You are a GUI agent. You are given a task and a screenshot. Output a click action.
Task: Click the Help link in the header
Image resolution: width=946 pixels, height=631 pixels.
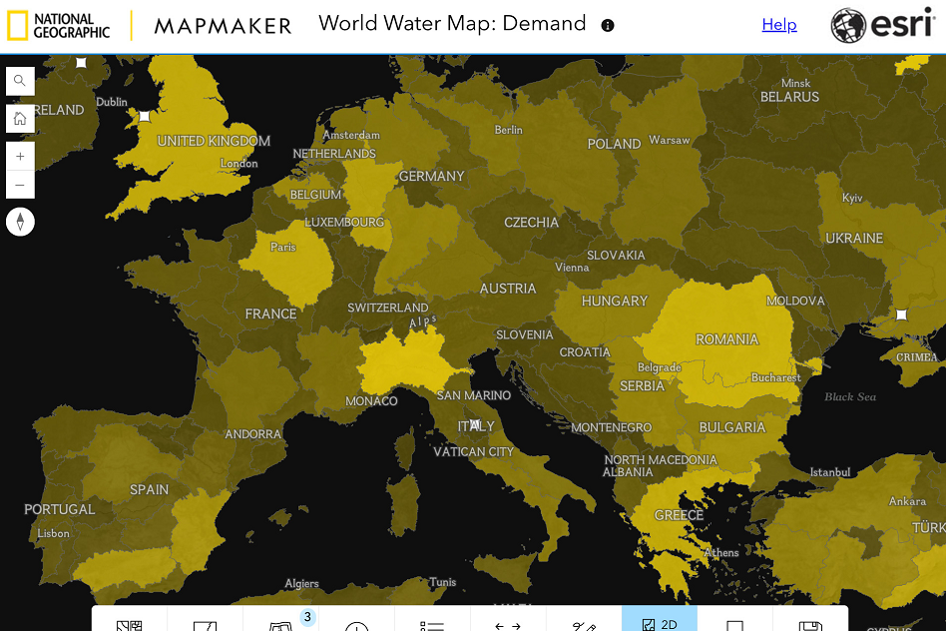778,25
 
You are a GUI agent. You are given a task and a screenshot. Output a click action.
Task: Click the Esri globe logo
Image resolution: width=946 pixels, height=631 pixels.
848,26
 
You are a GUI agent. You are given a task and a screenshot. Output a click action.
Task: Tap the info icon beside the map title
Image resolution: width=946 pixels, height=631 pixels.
609,26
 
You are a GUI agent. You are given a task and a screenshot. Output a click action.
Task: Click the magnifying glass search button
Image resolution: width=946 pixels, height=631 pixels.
20,81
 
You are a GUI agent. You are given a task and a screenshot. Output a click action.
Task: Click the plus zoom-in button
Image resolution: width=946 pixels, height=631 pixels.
20,157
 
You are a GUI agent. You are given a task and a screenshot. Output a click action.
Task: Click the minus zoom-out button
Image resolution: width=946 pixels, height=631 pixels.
20,185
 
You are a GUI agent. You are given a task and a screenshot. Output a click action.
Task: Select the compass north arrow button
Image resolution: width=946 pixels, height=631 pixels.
20,222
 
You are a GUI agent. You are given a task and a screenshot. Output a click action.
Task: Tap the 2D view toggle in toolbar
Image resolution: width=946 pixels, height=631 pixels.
660,621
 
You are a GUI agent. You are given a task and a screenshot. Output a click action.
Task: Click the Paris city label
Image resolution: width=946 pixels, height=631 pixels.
283,247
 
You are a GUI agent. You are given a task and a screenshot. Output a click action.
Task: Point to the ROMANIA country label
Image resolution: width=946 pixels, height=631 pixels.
726,339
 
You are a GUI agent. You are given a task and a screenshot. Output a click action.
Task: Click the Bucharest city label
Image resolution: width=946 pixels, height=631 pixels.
775,377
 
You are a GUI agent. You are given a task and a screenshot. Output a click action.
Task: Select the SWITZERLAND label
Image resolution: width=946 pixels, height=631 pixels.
387,308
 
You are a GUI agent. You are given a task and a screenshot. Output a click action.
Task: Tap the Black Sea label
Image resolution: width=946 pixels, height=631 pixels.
850,396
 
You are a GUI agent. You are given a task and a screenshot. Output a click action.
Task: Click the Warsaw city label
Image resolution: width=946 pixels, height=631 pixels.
669,140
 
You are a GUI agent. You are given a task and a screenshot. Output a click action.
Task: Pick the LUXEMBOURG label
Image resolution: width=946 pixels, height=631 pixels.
344,222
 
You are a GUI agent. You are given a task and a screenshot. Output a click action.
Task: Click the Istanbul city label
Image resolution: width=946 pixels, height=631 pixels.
829,471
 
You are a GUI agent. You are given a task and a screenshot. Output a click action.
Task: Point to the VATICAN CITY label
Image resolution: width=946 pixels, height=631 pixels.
473,451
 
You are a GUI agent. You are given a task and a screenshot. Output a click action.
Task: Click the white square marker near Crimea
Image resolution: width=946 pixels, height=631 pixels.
901,315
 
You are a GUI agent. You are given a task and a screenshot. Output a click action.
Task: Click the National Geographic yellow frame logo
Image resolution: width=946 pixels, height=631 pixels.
18,26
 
